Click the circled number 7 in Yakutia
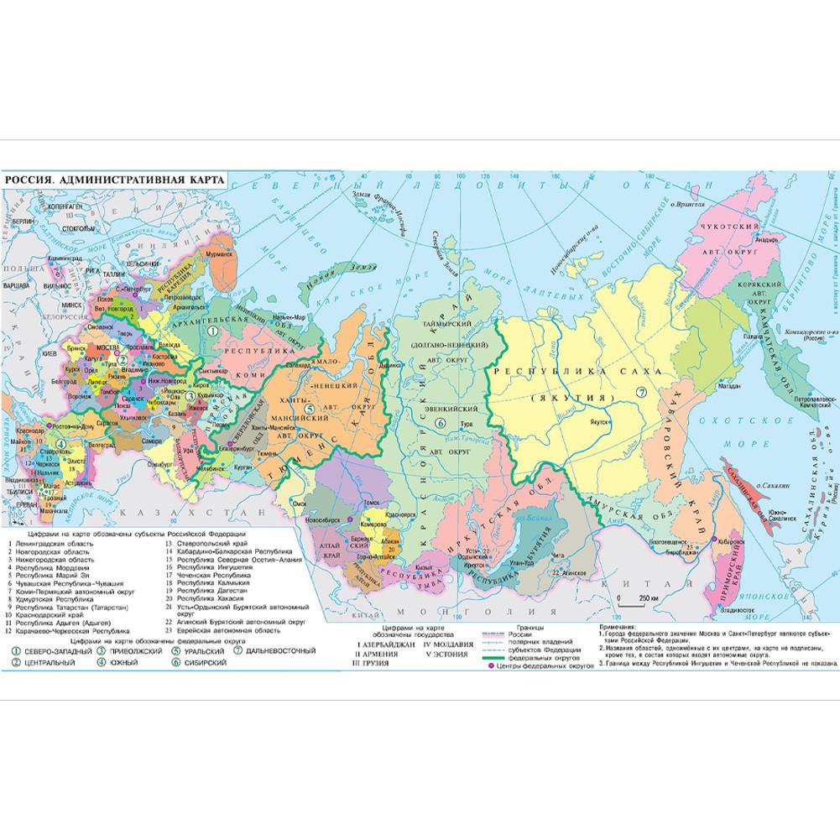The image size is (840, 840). pyautogui.click(x=642, y=392)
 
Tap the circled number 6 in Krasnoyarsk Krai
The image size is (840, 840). pyautogui.click(x=440, y=424)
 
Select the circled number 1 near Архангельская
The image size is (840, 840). pyautogui.click(x=214, y=331)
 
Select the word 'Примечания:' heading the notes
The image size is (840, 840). pyautogui.click(x=623, y=627)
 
